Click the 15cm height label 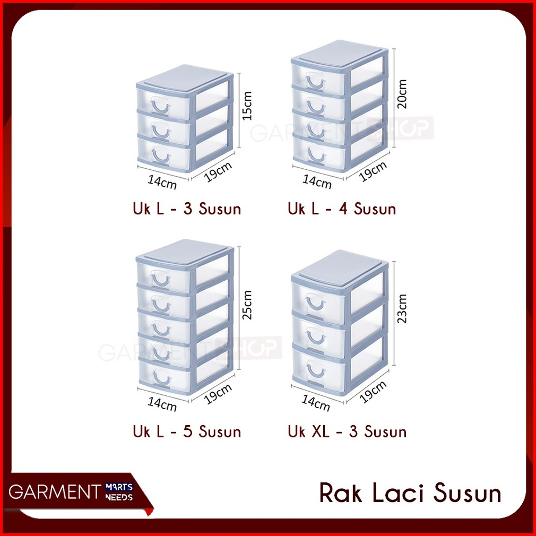coord(247,105)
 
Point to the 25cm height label coord(248,304)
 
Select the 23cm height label coord(402,308)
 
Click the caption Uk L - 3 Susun coord(187,209)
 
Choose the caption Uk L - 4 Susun coord(342,209)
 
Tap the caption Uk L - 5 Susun coord(187,431)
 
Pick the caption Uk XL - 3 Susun coord(347,431)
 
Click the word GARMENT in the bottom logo coord(50,492)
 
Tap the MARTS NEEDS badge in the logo coord(118,492)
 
